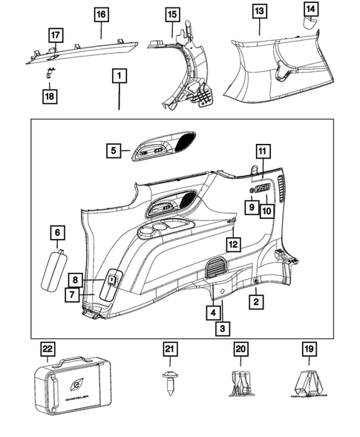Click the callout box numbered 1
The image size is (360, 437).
coord(120,76)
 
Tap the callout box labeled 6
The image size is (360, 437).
coord(56,233)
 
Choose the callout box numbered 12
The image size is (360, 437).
coord(233,243)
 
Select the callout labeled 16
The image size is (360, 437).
coord(101,14)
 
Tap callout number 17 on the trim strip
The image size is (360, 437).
coord(55,35)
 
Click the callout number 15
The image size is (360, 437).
coord(171,14)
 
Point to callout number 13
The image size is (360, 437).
coord(258,13)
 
